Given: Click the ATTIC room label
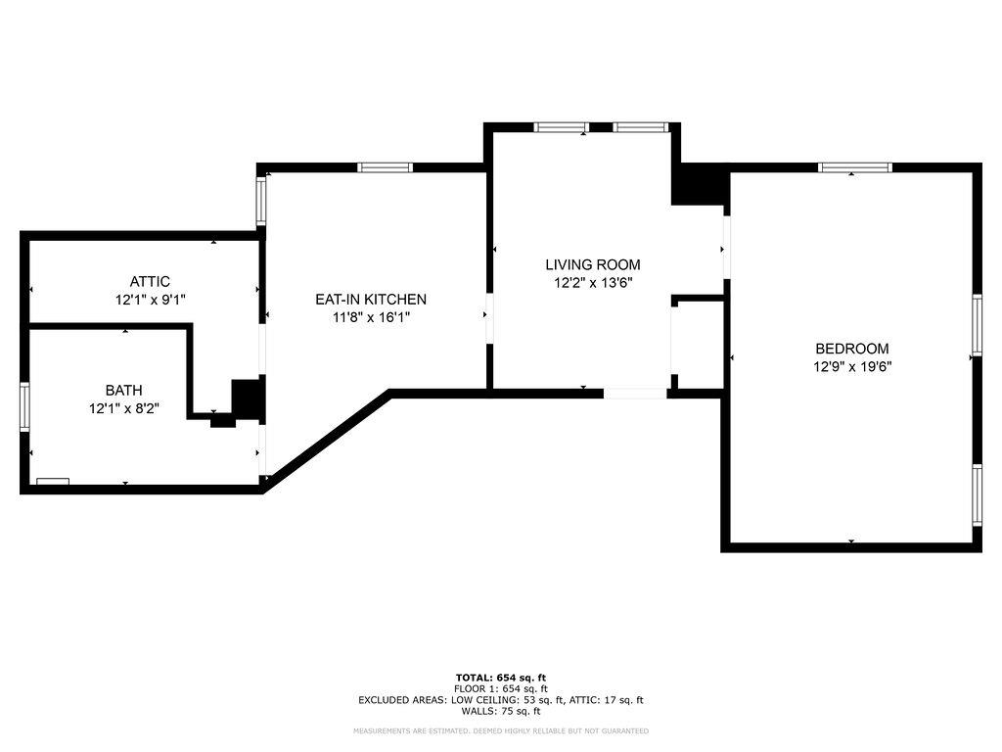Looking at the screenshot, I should pyautogui.click(x=150, y=282).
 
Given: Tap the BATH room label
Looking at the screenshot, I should pyautogui.click(x=124, y=390).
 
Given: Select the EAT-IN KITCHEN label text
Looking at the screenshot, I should pyautogui.click(x=370, y=300).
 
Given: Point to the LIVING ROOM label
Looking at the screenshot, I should pyautogui.click(x=592, y=264).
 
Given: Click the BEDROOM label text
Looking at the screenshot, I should pyautogui.click(x=852, y=349).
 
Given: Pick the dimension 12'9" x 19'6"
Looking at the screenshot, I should pyautogui.click(x=852, y=367).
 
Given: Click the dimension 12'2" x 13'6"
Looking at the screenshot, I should pyautogui.click(x=592, y=283).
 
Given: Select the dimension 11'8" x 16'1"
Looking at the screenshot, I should pyautogui.click(x=370, y=317).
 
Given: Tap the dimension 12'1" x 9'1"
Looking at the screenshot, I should pyautogui.click(x=150, y=301).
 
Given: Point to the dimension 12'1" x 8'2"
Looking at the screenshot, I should pyautogui.click(x=124, y=408).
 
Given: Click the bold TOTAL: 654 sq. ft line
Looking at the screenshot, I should pyautogui.click(x=501, y=678).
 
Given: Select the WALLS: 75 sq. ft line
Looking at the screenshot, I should pyautogui.click(x=501, y=711).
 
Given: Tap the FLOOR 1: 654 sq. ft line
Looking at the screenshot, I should pyautogui.click(x=501, y=689).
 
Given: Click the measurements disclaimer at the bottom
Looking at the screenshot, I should pyautogui.click(x=501, y=731).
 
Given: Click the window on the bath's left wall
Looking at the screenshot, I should pyautogui.click(x=25, y=407).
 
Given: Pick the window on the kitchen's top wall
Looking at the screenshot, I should pyautogui.click(x=386, y=167).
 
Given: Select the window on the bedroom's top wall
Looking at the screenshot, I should pyautogui.click(x=855, y=167).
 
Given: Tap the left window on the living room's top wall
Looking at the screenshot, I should pyautogui.click(x=561, y=127).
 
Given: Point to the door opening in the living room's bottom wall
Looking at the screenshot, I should pyautogui.click(x=635, y=394).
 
